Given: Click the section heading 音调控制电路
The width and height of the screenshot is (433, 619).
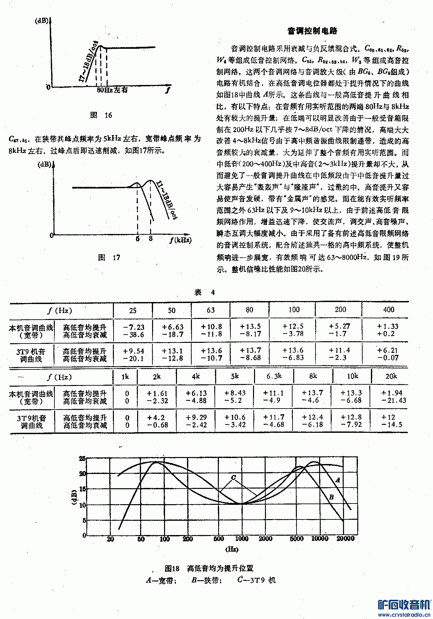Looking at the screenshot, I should click(312, 31).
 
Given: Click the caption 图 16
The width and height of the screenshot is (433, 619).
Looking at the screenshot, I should click(101, 115).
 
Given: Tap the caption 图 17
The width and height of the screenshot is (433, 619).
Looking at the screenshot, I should click(109, 258).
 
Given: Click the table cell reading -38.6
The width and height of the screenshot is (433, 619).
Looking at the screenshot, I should click(133, 335).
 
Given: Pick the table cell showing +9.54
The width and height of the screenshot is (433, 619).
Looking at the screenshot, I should click(133, 351).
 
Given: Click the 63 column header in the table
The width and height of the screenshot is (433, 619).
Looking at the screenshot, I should click(211, 310).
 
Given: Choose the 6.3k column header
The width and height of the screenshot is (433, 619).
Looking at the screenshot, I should click(274, 376).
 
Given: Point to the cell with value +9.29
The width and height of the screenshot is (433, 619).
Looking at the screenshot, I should click(196, 418).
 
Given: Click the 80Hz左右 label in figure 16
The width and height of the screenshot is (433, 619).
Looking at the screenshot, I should click(112, 90).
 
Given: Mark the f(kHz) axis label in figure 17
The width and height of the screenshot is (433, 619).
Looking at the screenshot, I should click(180, 240).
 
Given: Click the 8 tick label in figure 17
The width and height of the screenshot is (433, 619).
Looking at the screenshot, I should click(151, 238).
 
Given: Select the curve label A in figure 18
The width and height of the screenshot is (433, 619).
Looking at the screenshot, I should click(338, 480).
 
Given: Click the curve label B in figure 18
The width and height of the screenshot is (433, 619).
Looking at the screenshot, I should click(331, 497).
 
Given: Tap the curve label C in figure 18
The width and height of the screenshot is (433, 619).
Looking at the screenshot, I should click(233, 478).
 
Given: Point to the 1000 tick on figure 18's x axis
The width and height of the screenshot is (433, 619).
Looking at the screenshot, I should click(242, 539).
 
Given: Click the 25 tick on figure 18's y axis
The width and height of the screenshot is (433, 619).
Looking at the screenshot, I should click(82, 459).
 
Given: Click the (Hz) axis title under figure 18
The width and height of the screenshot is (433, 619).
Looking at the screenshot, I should click(232, 549).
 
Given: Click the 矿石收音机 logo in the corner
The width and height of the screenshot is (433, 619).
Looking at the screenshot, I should click(404, 605).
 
